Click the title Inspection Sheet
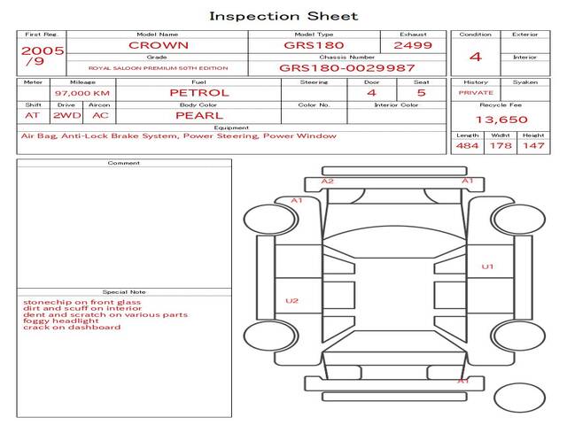click(x=283, y=16)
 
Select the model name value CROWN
click(x=159, y=45)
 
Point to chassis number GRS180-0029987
click(x=346, y=68)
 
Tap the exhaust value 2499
click(x=413, y=45)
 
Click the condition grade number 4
click(x=476, y=57)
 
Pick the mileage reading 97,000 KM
click(x=82, y=93)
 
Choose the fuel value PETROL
click(x=199, y=93)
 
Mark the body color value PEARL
click(x=199, y=116)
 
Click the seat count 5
click(x=422, y=93)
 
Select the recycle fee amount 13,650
click(x=501, y=120)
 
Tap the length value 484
click(x=467, y=145)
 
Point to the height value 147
click(x=533, y=145)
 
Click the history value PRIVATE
click(x=476, y=93)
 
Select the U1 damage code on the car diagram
click(x=487, y=267)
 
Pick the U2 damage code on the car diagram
click(x=291, y=301)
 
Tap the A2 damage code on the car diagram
click(x=328, y=181)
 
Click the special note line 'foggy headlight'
click(x=61, y=321)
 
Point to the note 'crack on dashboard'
click(x=72, y=327)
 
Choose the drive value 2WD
click(x=67, y=116)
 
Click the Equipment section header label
click(x=231, y=127)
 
